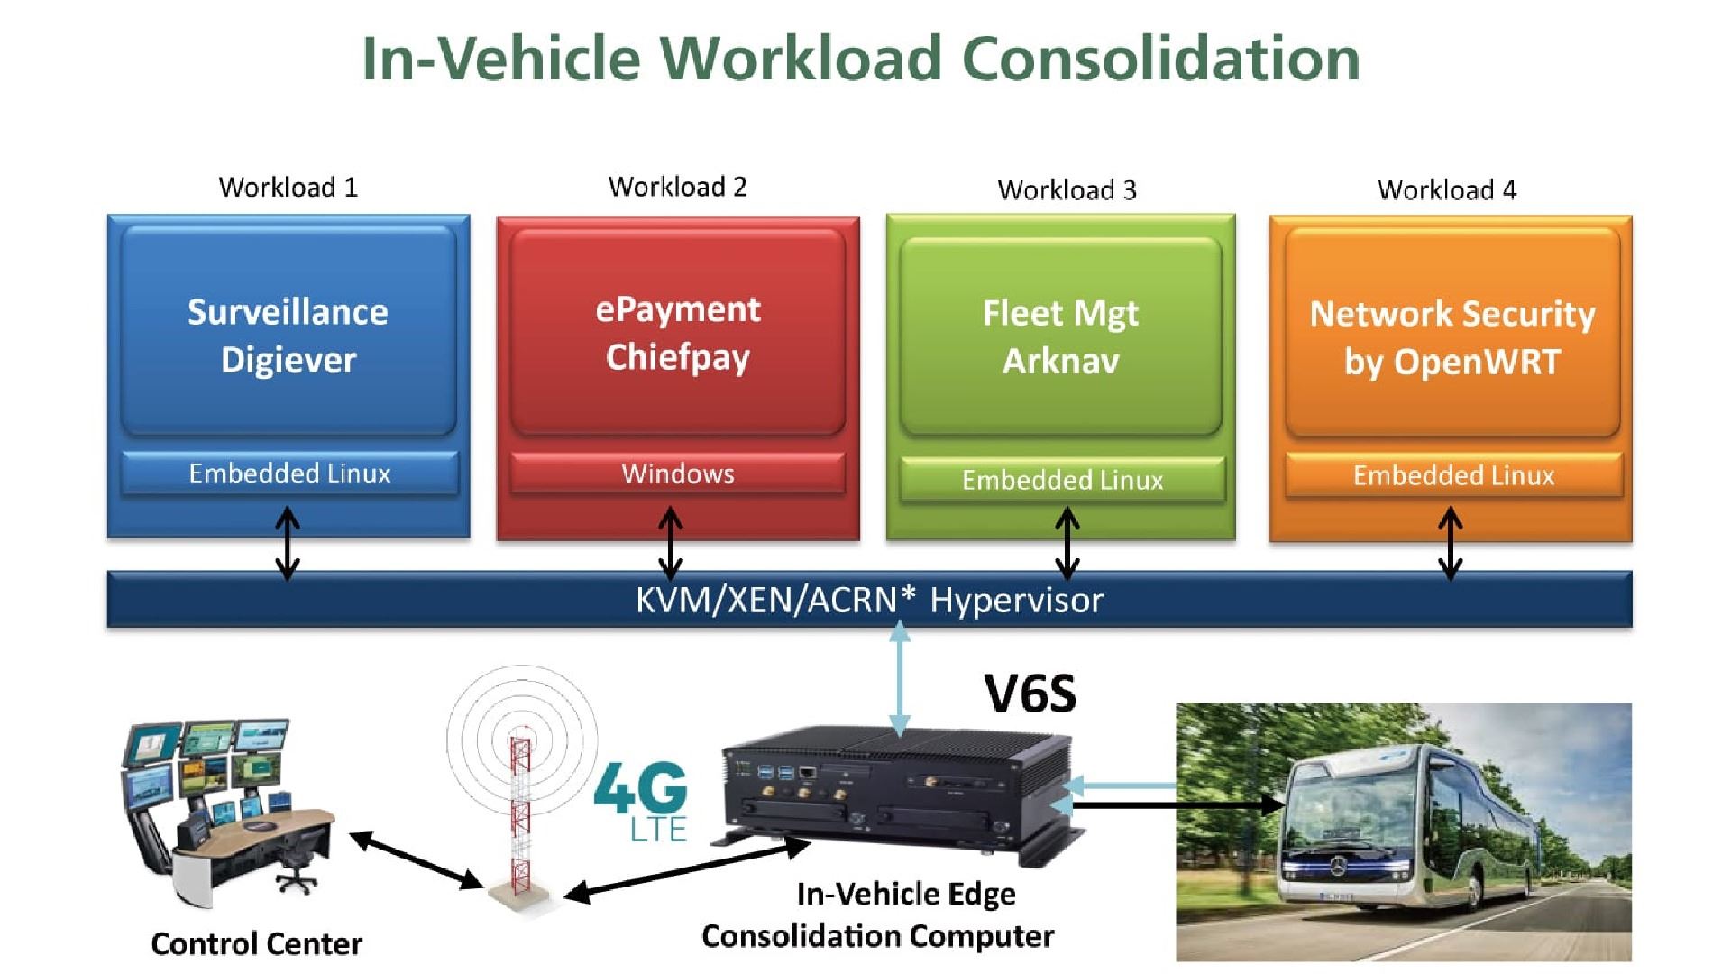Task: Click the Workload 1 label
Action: [x=288, y=188]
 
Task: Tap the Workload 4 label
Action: [x=1446, y=190]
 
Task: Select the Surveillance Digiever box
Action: [x=288, y=335]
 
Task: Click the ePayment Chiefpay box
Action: [x=677, y=333]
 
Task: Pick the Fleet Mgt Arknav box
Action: [x=1060, y=336]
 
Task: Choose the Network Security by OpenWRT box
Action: [x=1452, y=336]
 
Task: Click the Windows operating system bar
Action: [x=677, y=473]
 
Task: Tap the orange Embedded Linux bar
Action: [x=1453, y=475]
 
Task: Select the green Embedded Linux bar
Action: [x=1062, y=480]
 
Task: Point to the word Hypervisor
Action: [x=1016, y=601]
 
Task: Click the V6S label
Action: [x=1030, y=694]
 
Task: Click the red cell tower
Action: [x=520, y=812]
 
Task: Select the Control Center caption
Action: [x=256, y=943]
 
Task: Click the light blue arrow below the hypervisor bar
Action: [x=899, y=681]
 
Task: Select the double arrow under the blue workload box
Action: [x=288, y=543]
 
